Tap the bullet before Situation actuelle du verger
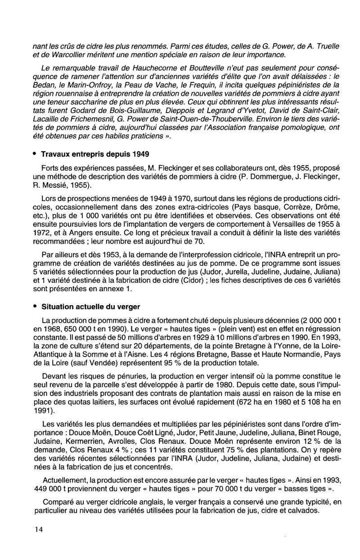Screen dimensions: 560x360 click(35, 307)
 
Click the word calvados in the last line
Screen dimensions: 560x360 click(303, 510)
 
